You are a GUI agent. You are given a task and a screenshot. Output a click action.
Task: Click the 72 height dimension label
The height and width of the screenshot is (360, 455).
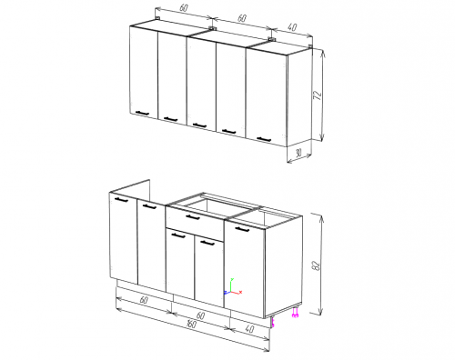318,95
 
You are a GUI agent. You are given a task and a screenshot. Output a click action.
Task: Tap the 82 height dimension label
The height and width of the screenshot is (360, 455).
316,265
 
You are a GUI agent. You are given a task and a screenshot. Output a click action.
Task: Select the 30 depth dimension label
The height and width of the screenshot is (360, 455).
298,153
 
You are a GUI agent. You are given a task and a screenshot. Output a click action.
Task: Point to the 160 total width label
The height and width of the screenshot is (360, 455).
191,324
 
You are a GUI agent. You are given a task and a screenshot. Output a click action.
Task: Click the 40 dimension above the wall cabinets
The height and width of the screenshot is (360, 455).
292,27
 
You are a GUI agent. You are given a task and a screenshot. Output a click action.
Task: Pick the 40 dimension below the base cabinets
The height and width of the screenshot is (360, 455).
249,329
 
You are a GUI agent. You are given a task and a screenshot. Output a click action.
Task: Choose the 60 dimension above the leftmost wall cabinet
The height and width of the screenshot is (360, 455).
184,8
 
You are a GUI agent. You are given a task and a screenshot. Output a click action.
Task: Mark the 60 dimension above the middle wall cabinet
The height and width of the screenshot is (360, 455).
241,18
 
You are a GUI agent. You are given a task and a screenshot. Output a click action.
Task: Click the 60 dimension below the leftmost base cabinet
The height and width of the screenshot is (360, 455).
144,300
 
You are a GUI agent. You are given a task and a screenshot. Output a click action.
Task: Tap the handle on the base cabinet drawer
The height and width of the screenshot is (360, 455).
193,217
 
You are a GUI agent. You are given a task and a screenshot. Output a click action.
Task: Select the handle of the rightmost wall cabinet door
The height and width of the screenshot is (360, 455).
264,139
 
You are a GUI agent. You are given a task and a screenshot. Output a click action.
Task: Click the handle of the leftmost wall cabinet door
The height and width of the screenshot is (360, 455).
142,113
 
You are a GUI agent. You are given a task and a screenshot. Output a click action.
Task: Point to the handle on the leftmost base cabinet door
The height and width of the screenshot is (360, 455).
122,199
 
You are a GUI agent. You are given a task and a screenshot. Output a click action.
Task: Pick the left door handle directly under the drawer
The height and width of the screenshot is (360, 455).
178,235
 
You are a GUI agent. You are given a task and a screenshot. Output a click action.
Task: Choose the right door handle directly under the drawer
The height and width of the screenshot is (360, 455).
207,243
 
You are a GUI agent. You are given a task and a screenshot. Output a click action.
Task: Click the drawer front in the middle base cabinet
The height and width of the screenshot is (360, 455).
195,224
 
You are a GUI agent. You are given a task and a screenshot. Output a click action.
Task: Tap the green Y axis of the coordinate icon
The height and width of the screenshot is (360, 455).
231,285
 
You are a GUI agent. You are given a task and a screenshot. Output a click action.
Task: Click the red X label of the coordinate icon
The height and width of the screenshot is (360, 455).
240,292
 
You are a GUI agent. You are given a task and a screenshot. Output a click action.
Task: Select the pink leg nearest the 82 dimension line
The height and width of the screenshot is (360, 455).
296,313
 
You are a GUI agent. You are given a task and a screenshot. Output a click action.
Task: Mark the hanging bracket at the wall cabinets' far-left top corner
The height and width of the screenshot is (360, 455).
157,19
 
